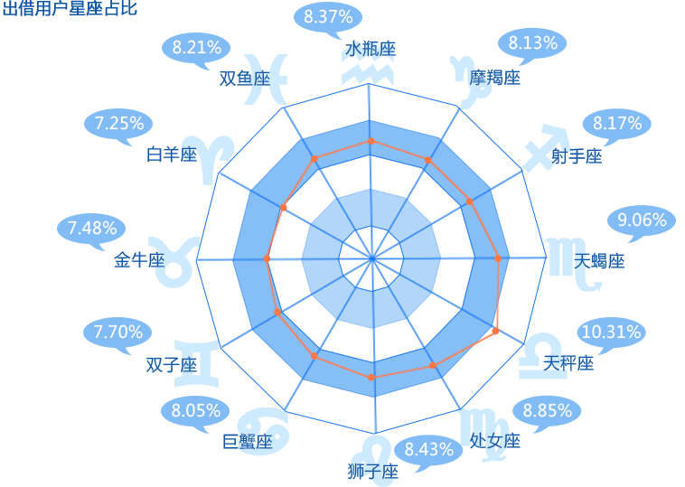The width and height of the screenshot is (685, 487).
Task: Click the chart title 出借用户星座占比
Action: coord(70,8)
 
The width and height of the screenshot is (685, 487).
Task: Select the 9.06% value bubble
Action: coord(642,220)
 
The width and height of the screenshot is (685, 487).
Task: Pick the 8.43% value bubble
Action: coord(429,450)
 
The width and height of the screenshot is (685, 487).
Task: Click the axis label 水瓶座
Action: coord(371,49)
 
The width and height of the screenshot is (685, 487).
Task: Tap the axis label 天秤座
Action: coord(568,363)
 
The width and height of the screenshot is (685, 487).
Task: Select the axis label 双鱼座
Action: coord(245,79)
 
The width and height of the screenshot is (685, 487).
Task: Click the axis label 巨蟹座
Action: coord(248,442)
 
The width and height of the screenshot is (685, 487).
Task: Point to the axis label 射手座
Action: coord(577,156)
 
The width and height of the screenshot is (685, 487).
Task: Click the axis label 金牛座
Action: coord(139,260)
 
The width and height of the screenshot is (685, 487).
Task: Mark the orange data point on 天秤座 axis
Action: coord(495,331)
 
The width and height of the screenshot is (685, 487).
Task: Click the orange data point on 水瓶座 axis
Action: coord(371,141)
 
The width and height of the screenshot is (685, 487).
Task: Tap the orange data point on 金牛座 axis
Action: coord(267,259)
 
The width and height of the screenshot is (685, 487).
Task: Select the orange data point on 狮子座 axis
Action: coord(371,377)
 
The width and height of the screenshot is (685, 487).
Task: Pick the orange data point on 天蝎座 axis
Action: coord(498,258)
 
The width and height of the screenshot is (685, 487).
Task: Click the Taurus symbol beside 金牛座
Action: coord(174,262)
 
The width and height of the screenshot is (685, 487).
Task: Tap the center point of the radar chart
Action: coord(371,259)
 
